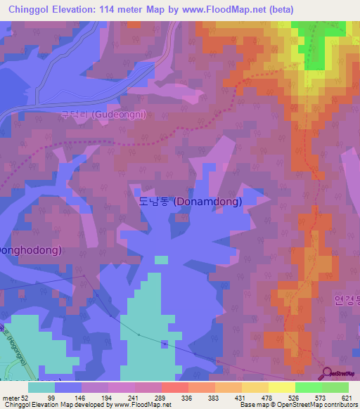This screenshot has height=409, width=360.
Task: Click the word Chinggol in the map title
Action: click(x=30, y=9)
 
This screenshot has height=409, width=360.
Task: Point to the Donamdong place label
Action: click(x=191, y=202)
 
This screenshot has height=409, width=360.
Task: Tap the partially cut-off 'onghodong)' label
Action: click(x=31, y=250)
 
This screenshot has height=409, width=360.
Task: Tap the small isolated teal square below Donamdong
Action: click(x=161, y=259)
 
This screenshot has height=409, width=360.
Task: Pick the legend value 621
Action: click(x=347, y=397)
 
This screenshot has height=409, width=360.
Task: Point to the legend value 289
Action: click(x=148, y=397)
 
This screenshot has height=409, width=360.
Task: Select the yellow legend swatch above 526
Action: click(x=281, y=387)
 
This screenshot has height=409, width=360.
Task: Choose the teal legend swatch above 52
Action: click(x=41, y=387)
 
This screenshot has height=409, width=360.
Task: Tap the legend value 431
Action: click(x=229, y=397)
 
